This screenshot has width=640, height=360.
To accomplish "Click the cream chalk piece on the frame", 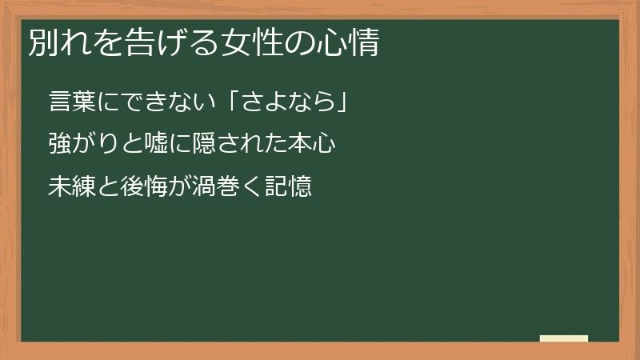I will coord(564,338).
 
